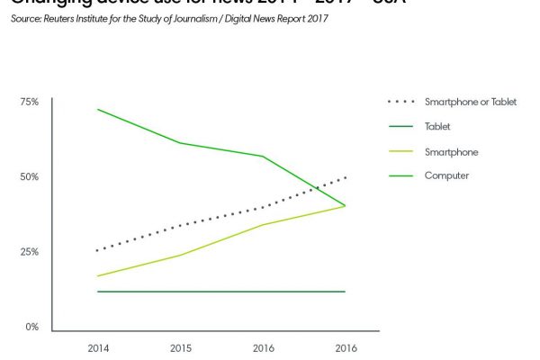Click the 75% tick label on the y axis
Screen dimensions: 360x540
[x=30, y=102]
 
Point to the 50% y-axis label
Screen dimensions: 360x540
[x=30, y=176]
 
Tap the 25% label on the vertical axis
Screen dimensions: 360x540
[x=30, y=252]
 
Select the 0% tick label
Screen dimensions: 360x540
[x=31, y=327]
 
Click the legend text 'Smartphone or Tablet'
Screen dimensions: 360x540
[x=471, y=103]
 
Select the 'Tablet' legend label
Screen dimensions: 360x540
[x=437, y=127]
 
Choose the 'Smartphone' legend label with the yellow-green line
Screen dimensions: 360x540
[x=451, y=151]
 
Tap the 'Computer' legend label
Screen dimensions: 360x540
[x=446, y=175]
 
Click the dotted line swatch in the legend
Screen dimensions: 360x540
[x=399, y=103]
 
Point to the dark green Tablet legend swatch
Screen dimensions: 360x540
[x=399, y=127]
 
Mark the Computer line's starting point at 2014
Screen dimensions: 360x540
[x=97, y=110]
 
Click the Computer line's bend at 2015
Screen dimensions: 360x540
[x=180, y=143]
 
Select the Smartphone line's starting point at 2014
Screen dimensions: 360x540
[x=97, y=276]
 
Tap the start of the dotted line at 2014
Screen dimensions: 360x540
[x=97, y=250]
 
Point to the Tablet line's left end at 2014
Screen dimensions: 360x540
[x=97, y=292]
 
